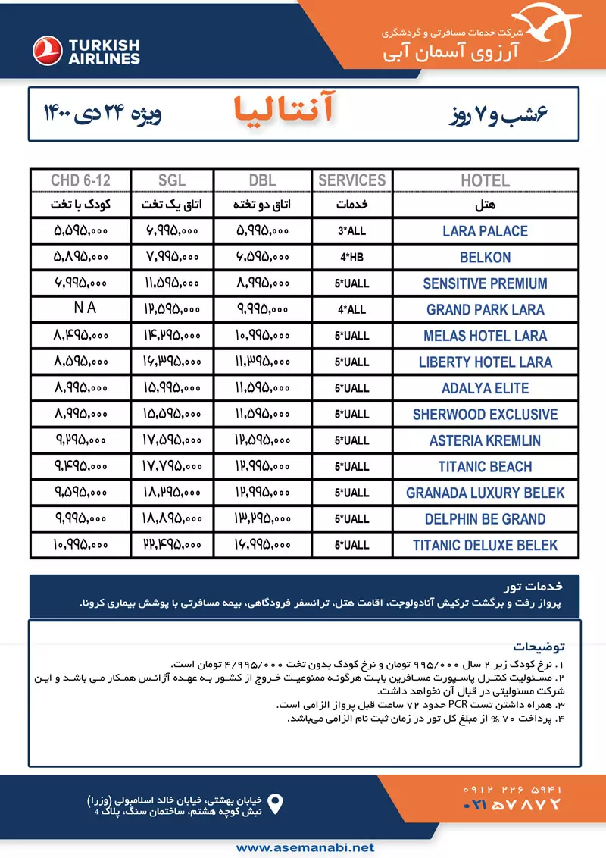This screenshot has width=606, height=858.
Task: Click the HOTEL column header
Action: coord(485,180)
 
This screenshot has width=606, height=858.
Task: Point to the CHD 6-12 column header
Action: coord(80,180)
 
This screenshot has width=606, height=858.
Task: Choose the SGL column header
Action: coord(172,180)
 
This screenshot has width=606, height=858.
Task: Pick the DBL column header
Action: coord(262,180)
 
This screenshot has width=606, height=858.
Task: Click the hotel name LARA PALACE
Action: coord(485,231)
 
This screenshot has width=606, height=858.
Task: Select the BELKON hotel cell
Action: coord(485,257)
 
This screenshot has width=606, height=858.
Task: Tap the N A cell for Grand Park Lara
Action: coord(80,308)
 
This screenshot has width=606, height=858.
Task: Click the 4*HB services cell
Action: coord(352,257)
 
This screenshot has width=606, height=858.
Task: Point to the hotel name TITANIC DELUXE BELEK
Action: coord(485,545)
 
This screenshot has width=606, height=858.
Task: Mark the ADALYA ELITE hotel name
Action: coord(485,388)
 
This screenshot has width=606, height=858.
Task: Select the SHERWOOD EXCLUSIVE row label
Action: coord(485,415)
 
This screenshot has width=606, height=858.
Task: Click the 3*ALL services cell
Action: coord(352,231)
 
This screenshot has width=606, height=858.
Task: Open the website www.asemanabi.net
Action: coord(303,847)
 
